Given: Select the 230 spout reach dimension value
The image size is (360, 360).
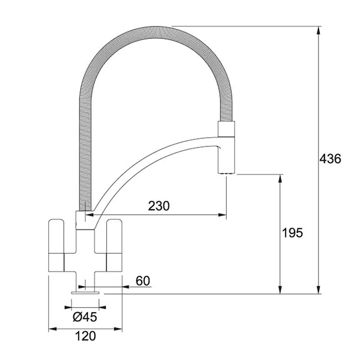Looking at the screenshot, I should [159, 206].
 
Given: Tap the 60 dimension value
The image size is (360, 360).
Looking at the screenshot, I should [142, 281].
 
